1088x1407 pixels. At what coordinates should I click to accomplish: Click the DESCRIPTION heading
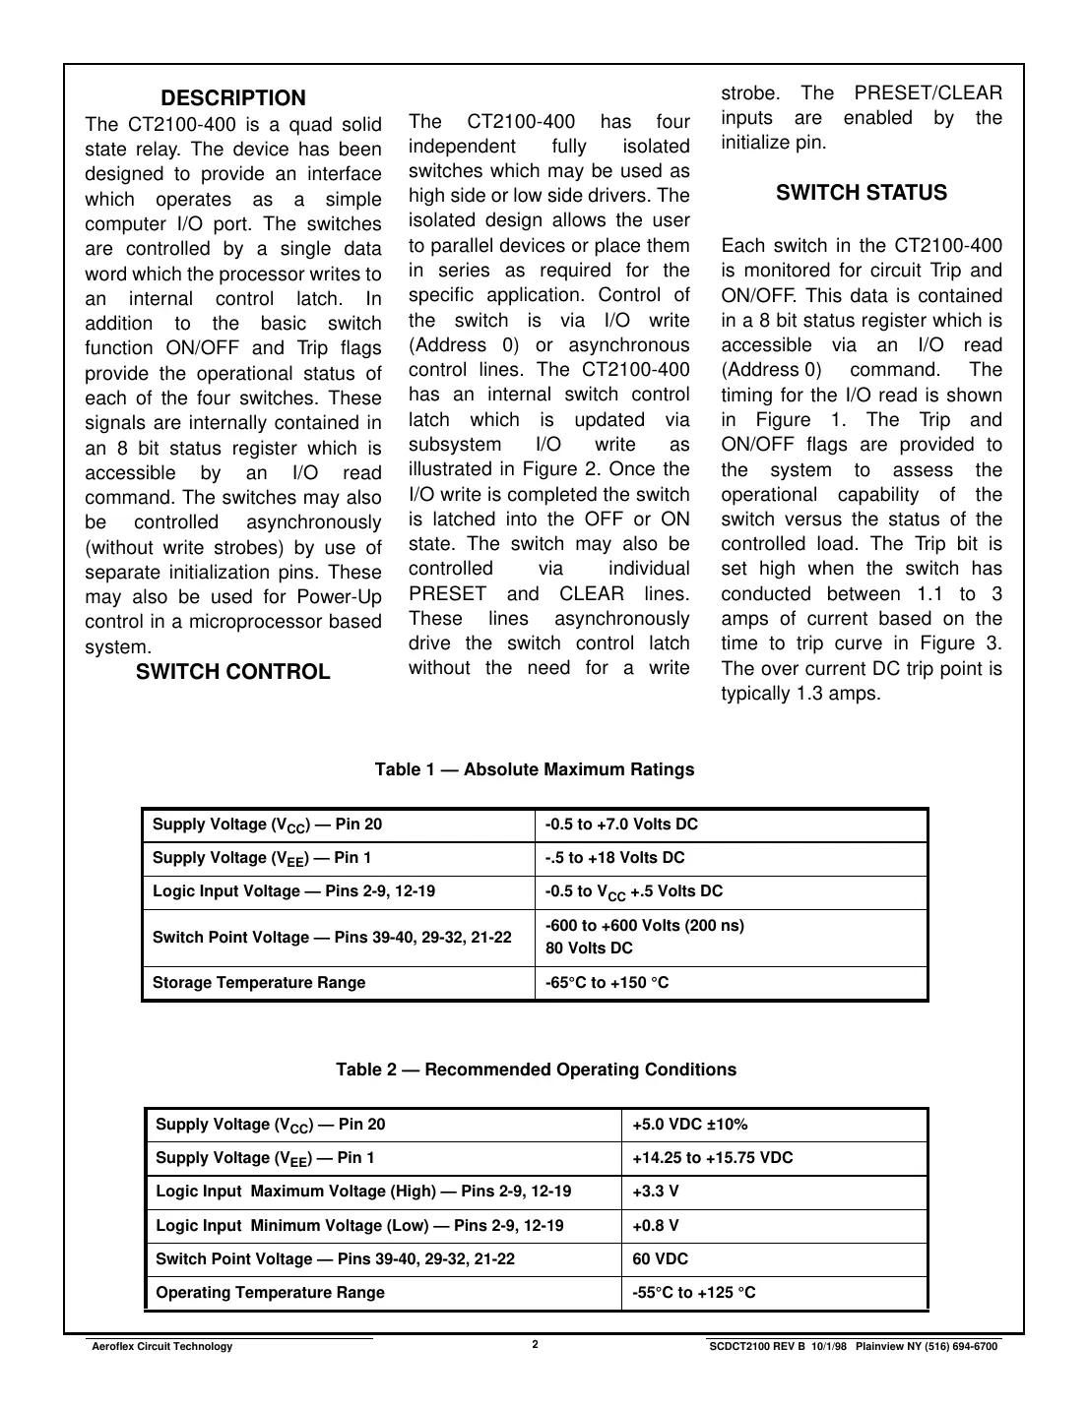(x=233, y=98)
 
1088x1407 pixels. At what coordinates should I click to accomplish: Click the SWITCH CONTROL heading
(x=233, y=672)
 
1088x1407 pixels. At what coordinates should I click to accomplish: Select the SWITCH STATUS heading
(x=862, y=193)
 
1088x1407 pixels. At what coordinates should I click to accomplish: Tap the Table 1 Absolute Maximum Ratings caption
(x=535, y=769)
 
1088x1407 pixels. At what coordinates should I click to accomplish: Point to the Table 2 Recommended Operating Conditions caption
(x=536, y=1070)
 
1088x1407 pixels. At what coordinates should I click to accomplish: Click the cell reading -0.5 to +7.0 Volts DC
(x=621, y=825)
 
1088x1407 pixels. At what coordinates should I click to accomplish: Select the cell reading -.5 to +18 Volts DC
(x=615, y=858)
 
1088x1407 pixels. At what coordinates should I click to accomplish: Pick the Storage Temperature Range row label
(x=259, y=983)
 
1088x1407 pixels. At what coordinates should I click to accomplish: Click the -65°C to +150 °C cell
(x=608, y=983)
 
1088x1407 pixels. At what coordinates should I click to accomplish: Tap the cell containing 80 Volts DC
(x=590, y=948)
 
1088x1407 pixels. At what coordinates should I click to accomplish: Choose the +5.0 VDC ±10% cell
(x=689, y=1125)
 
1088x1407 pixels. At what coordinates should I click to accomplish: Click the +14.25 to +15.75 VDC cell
(x=712, y=1158)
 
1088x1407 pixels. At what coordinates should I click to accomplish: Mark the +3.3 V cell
(x=656, y=1192)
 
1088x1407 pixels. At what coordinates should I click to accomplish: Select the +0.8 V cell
(x=656, y=1226)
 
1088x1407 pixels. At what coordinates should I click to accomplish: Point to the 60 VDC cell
(x=661, y=1259)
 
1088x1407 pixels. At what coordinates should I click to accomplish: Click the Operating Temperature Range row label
(x=271, y=1293)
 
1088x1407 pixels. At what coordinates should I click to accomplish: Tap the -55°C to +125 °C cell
(x=694, y=1293)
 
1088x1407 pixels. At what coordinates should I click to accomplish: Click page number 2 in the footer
(x=535, y=1345)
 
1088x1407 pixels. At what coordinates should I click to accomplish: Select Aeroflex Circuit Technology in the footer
(x=162, y=1347)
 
